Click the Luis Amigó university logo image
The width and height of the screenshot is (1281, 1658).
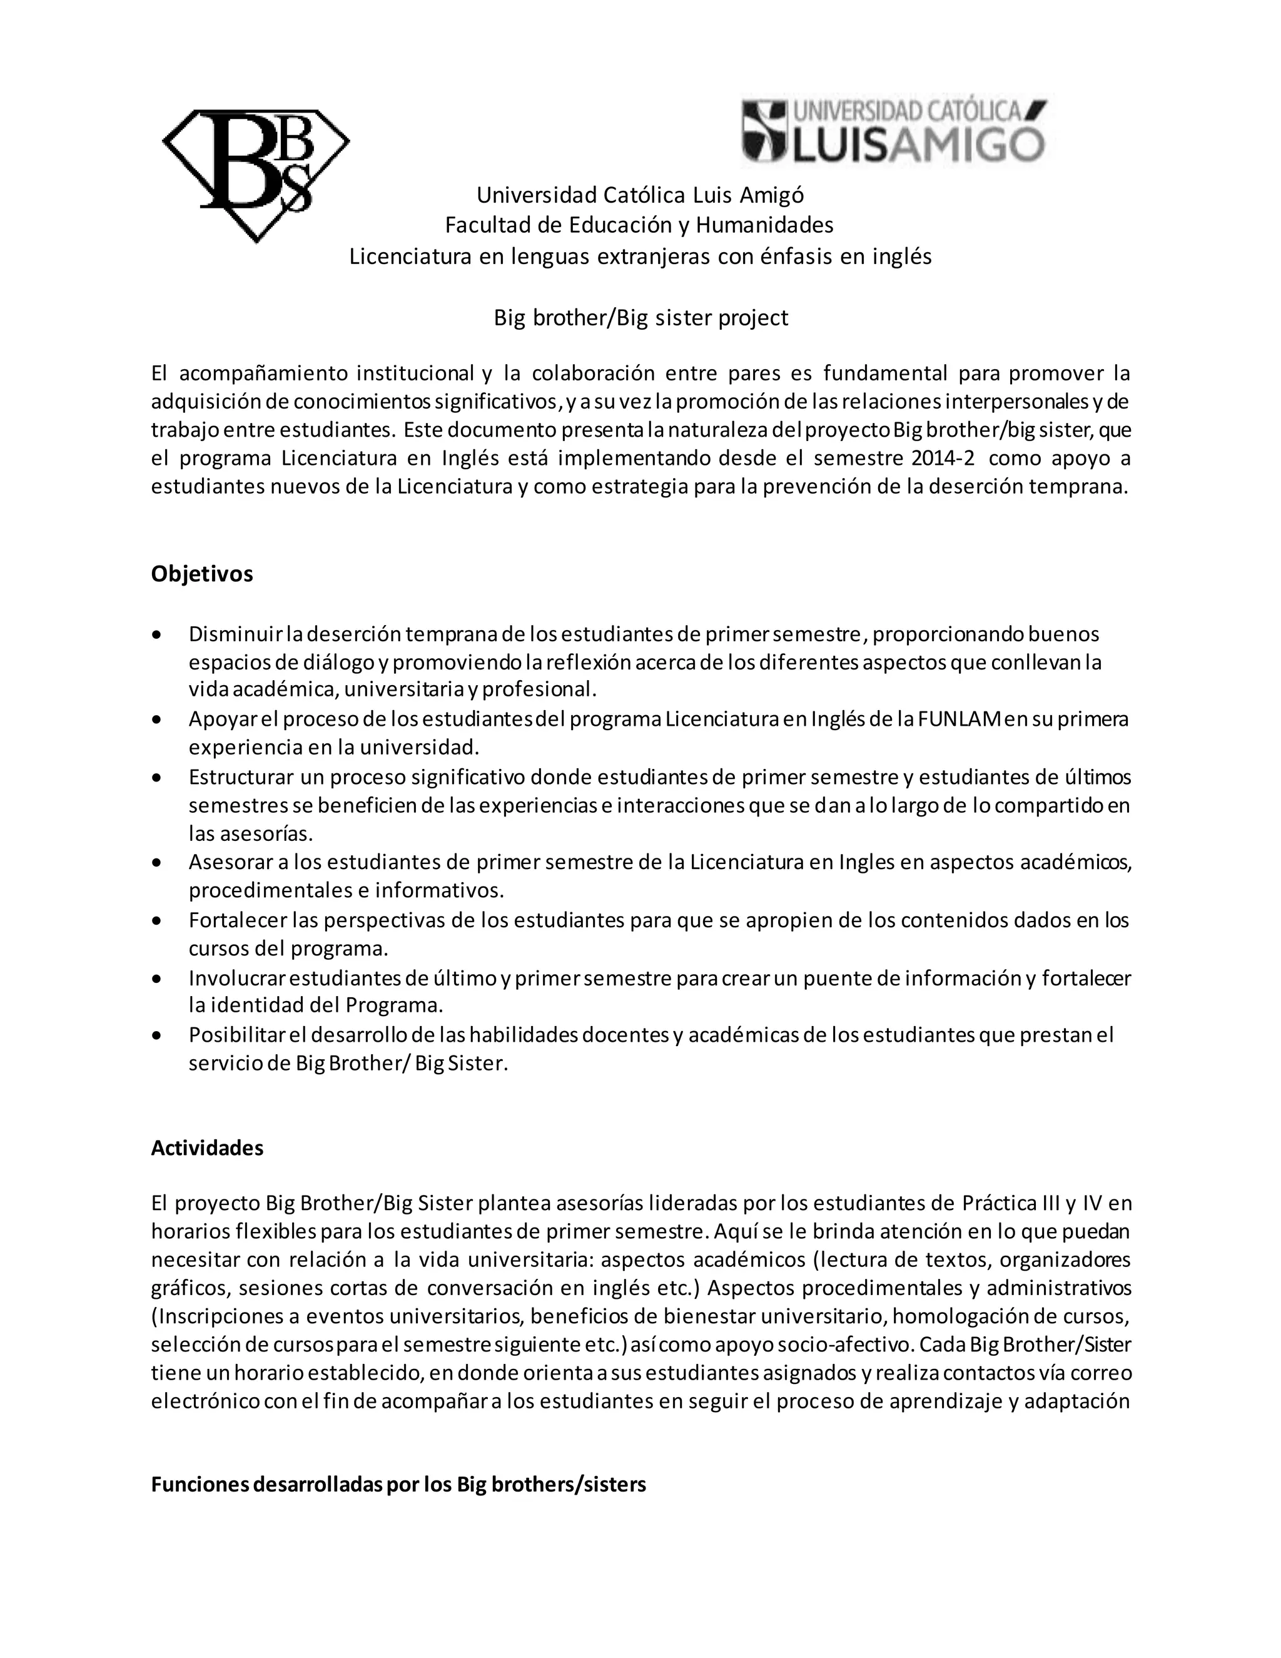(894, 131)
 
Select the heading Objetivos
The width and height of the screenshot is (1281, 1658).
(202, 574)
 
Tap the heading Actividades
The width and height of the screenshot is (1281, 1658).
(207, 1148)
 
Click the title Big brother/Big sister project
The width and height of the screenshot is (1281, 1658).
(640, 317)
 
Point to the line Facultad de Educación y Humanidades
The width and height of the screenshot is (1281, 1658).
(639, 225)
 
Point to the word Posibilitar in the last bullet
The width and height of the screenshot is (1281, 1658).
(236, 1035)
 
